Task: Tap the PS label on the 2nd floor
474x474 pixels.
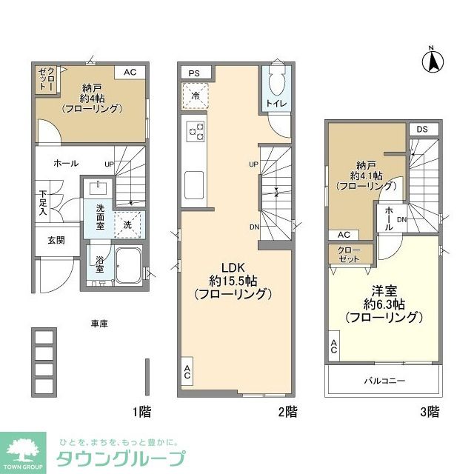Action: click(x=194, y=73)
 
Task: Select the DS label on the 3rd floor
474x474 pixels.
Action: click(x=422, y=130)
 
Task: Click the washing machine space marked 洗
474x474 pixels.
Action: click(x=127, y=224)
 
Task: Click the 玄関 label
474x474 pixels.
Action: click(x=56, y=239)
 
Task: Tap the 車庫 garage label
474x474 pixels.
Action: click(x=100, y=324)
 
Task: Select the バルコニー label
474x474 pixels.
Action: click(x=383, y=380)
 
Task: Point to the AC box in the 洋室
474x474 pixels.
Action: click(x=335, y=346)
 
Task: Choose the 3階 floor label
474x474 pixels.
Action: click(x=430, y=412)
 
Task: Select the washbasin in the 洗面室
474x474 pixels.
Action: click(x=98, y=187)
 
